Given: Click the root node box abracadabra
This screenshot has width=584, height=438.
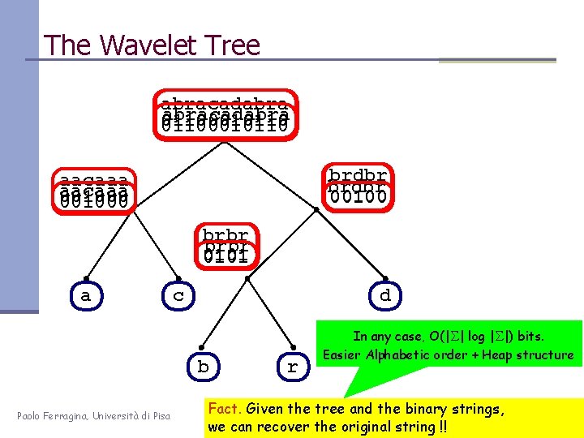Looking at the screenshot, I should [x=225, y=114].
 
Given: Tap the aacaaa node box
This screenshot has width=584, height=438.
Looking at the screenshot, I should [x=94, y=191].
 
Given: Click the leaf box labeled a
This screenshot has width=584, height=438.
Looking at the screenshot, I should [x=86, y=296].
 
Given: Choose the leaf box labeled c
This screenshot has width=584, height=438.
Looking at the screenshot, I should [x=179, y=296].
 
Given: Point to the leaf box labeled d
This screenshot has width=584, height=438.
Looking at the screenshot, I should [x=384, y=296].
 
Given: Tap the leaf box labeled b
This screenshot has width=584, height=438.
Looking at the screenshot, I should [x=203, y=367].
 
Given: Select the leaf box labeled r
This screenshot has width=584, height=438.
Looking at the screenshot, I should [x=293, y=367].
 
